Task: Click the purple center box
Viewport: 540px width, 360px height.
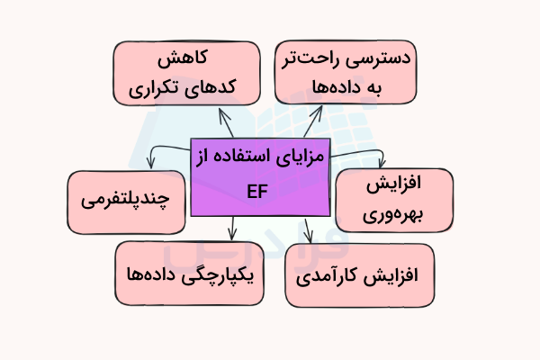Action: click(x=262, y=177)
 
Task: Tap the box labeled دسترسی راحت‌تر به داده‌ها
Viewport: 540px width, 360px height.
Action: click(x=346, y=73)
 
